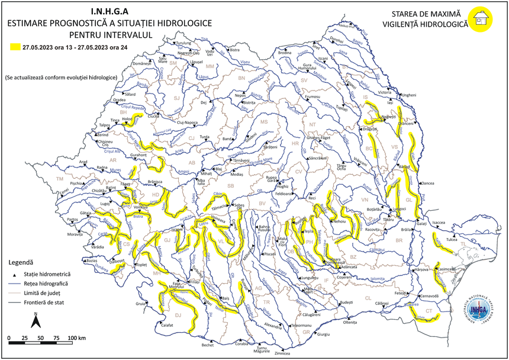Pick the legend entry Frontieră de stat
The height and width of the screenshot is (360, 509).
click(x=44, y=303)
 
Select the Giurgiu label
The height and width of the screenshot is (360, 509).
click(x=323, y=335)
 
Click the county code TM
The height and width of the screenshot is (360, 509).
click(x=59, y=178)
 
